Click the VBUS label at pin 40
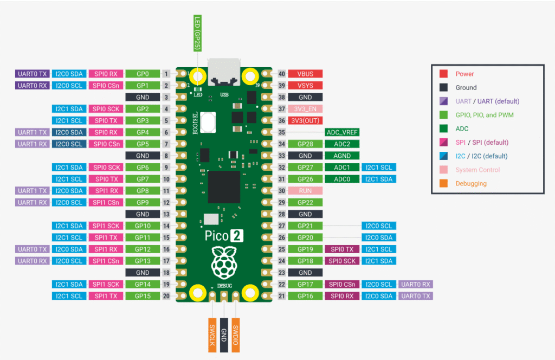coord(306,74)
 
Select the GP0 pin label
coord(143,74)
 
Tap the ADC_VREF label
coord(342,132)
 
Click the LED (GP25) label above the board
coord(198,34)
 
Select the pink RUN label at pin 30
coord(306,191)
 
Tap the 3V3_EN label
coord(306,109)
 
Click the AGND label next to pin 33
coord(342,156)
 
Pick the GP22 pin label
coord(306,202)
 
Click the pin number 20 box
coord(166,296)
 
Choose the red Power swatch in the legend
coord(443,74)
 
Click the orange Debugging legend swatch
coord(443,183)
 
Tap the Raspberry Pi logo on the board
coord(224,261)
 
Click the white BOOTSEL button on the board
coord(208,121)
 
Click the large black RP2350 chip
coord(223,185)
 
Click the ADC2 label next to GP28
coord(342,144)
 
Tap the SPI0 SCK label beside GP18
coord(342,261)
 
